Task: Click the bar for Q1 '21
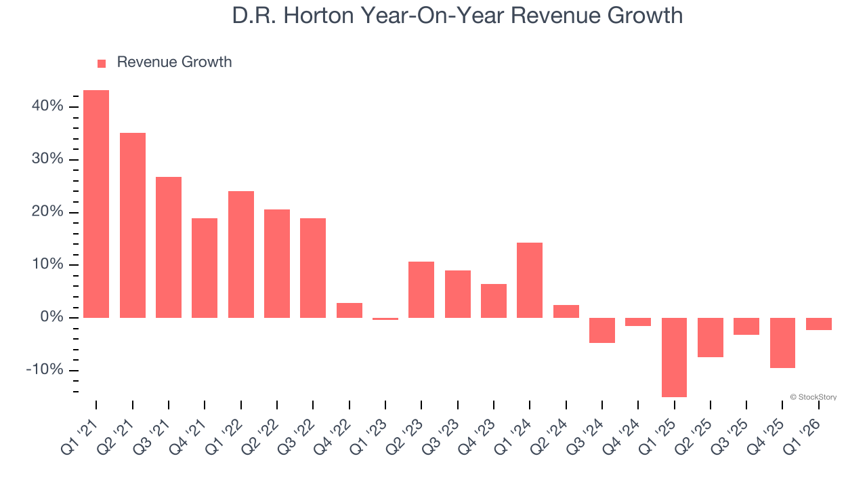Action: click(x=96, y=203)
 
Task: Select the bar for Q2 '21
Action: click(x=133, y=225)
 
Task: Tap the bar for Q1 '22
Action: click(x=241, y=254)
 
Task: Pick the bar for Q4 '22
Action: click(x=350, y=310)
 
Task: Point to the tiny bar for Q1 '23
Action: click(x=385, y=319)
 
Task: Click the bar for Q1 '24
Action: click(x=530, y=280)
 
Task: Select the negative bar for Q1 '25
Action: click(x=674, y=357)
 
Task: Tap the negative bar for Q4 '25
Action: click(x=782, y=343)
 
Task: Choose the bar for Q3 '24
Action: click(x=602, y=330)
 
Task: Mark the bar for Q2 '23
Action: click(x=421, y=289)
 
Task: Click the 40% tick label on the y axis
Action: click(x=47, y=106)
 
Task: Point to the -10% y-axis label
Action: click(x=45, y=370)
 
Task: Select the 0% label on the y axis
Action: click(x=51, y=317)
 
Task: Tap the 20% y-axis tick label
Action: click(x=47, y=212)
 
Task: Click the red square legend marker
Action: click(x=102, y=63)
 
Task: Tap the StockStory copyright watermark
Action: click(x=813, y=397)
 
